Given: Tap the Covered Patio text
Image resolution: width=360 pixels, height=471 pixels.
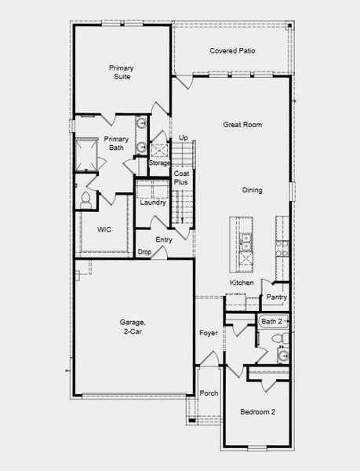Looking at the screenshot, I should coord(232,51).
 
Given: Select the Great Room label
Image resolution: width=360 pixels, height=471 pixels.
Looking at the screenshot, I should coord(242,125).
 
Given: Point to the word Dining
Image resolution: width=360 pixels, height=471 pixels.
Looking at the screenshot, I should coord(253,190).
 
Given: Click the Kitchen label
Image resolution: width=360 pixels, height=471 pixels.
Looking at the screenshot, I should coord(242,283).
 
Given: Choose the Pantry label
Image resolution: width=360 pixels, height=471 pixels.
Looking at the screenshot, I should coord(276,298).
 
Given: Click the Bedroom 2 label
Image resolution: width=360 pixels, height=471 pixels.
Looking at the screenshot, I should coord(257,411).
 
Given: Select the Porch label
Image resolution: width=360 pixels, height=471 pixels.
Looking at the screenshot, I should coord(209,393).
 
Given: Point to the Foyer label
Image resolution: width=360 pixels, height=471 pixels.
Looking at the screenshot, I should coord(208,333).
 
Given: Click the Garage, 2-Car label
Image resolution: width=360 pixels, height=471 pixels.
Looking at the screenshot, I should coord(133,327).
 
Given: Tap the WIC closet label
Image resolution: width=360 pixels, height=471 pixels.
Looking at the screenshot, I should coord(104,230).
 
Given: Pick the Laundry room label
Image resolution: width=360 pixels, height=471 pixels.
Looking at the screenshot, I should coord(152,203).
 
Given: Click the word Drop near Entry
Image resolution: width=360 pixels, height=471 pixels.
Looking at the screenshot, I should coord(144,252).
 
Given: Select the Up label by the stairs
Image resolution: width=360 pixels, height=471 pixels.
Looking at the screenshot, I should coord(184,138).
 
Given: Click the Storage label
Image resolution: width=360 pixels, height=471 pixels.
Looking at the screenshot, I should coord(160,163).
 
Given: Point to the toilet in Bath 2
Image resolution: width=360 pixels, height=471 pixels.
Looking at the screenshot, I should coord(275,338).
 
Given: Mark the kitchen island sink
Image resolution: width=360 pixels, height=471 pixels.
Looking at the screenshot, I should coord(245,244).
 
